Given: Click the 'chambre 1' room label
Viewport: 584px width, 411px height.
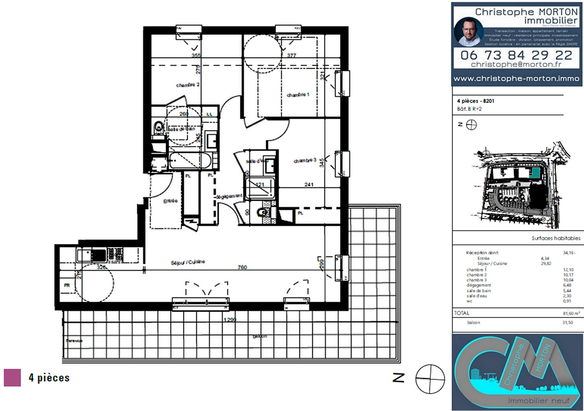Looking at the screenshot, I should point(298,94).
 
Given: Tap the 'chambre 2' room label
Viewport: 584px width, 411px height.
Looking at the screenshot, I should point(188,85).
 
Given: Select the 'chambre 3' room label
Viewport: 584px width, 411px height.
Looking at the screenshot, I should point(305,160).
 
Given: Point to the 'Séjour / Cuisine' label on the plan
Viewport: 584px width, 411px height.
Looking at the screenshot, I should point(188,262).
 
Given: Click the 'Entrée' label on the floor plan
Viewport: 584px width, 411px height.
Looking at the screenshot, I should point(170,201).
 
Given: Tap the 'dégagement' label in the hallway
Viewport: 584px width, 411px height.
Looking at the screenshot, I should point(229,196).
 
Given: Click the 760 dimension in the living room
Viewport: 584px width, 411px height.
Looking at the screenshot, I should point(242,267).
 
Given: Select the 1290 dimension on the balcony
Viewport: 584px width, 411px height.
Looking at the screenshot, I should point(230,320).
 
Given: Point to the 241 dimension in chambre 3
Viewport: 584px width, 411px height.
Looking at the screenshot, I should point(309,185).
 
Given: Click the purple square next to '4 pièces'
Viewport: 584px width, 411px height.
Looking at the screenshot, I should point(12,378).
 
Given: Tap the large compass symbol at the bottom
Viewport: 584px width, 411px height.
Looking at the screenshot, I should point(430,379).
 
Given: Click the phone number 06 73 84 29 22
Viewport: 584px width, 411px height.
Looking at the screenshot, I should point(516,55).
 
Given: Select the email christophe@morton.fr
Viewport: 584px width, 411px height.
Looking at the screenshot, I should point(516,64).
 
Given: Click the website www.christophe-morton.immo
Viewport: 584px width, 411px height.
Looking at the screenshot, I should point(516,78).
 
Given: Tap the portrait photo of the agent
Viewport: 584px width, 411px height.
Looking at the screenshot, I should point(468,32).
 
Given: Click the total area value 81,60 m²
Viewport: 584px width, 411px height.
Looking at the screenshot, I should point(571,313).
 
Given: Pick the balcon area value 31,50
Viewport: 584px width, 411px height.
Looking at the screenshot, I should point(567,322).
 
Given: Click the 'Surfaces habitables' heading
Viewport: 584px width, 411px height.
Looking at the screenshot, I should point(556,238).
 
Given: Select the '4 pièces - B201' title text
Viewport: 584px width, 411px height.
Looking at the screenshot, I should point(476,101).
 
